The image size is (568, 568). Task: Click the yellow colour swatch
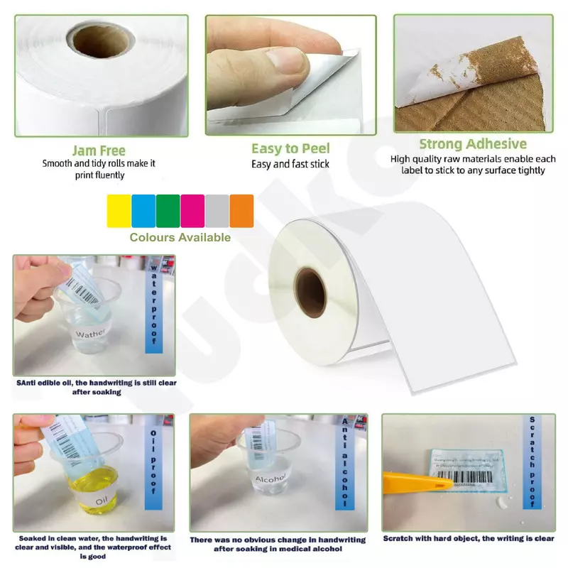(119, 211)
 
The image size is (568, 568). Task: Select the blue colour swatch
(143, 211)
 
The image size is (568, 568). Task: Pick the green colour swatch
(168, 211)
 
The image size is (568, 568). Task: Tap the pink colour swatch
(193, 211)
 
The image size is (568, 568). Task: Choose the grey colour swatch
(217, 211)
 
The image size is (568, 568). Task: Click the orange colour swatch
(241, 211)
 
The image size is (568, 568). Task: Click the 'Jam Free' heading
(99, 151)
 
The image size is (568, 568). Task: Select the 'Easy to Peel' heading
(290, 148)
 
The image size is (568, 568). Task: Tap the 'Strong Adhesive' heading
(473, 145)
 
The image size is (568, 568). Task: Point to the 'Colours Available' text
(180, 237)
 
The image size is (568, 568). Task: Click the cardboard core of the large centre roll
(311, 292)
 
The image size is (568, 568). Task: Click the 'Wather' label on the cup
(90, 333)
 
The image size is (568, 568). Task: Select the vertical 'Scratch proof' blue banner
(530, 461)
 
